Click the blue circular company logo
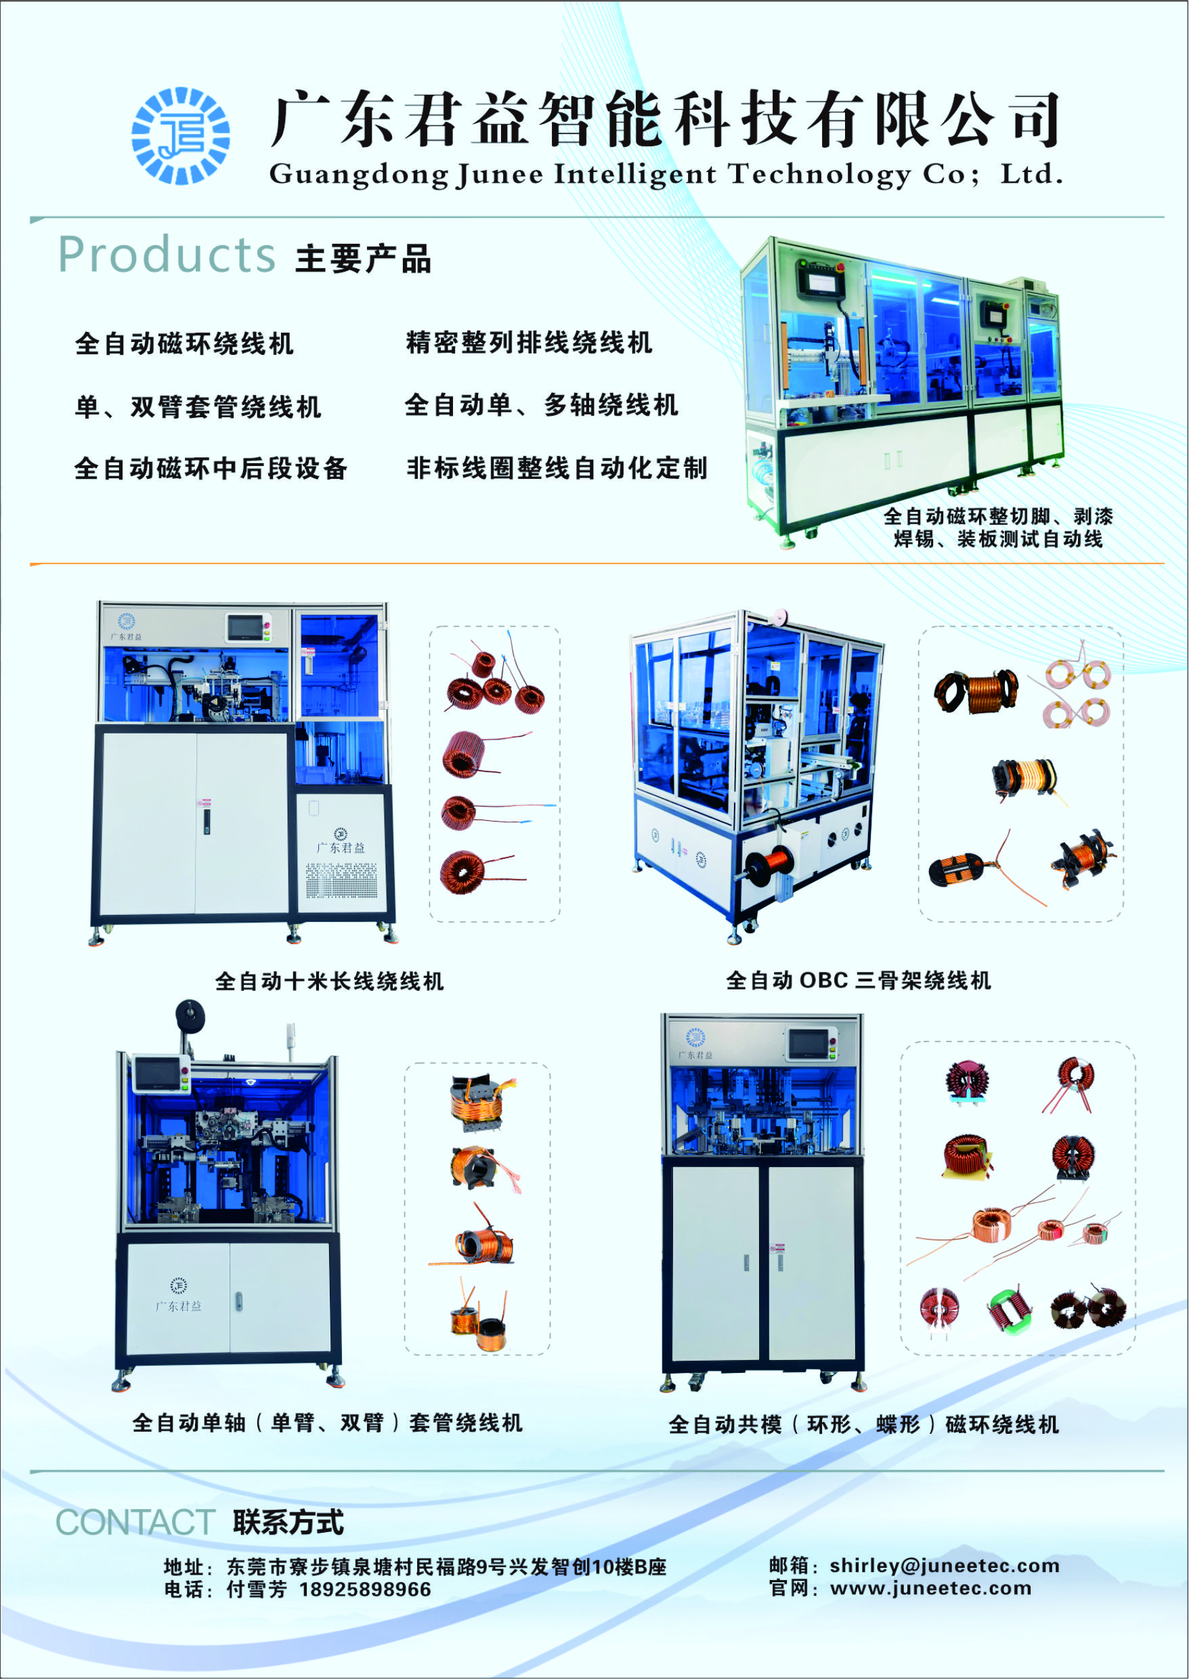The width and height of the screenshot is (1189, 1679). (181, 135)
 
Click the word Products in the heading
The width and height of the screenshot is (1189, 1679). (167, 255)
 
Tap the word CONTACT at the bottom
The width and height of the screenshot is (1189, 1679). (135, 1523)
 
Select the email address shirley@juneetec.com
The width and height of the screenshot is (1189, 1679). (945, 1565)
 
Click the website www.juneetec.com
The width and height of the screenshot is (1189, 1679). (930, 1588)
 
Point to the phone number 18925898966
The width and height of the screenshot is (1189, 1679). (366, 1590)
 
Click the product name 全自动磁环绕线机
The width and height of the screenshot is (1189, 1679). (184, 343)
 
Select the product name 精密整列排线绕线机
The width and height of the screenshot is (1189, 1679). (529, 342)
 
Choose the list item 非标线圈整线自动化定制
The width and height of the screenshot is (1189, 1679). (557, 468)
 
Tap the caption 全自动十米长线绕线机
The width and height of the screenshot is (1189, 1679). (330, 981)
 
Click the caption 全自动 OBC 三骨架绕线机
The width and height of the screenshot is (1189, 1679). (858, 981)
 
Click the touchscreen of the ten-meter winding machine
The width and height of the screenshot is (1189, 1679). (245, 628)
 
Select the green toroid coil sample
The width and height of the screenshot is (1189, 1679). (1010, 1308)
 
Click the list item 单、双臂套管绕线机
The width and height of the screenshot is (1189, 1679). (198, 406)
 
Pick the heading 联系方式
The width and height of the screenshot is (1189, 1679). (288, 1523)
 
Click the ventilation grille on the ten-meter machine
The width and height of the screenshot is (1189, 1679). (342, 881)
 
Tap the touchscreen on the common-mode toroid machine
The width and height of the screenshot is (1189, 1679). (808, 1044)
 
